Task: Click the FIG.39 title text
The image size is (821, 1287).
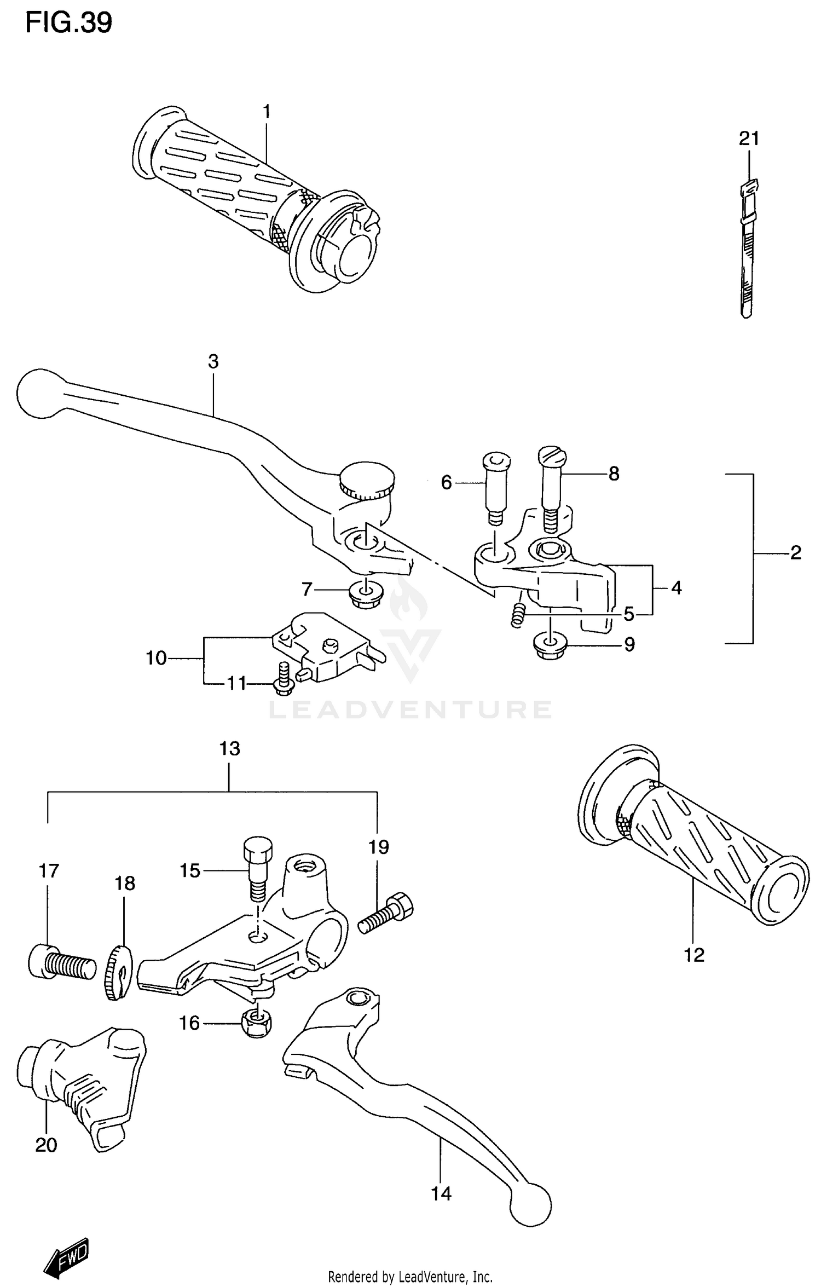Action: (x=68, y=23)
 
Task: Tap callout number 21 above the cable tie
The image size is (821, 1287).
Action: (x=749, y=139)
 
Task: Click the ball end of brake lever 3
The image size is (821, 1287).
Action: (x=38, y=393)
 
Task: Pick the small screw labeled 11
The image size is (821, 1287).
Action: (x=283, y=679)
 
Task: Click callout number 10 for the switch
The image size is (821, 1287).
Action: (x=156, y=657)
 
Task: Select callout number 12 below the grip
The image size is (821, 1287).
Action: (x=694, y=955)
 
